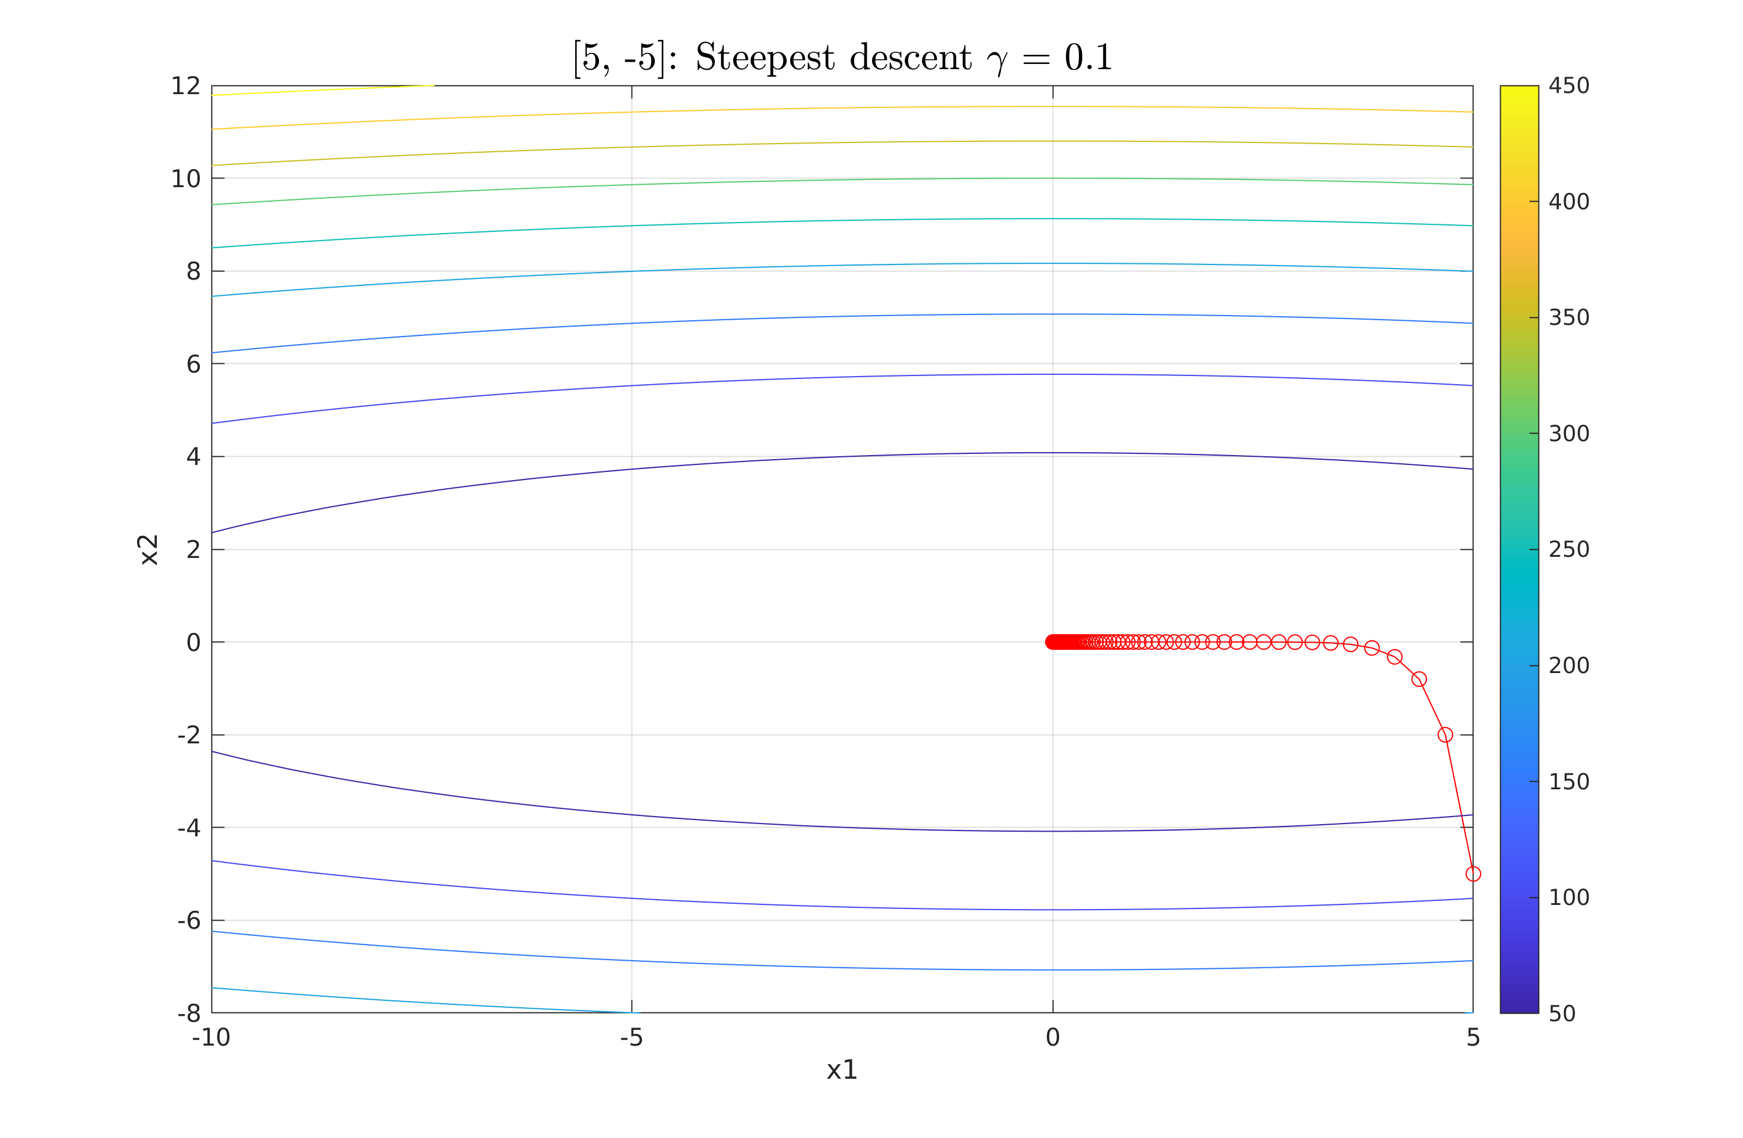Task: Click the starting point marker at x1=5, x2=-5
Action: click(x=1473, y=874)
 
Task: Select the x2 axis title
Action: click(x=149, y=550)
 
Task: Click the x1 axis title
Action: click(x=841, y=1071)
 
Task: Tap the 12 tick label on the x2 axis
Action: click(x=185, y=87)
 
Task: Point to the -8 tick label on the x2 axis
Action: click(x=189, y=1014)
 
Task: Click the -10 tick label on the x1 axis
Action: click(x=211, y=1037)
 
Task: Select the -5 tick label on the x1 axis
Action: click(x=632, y=1037)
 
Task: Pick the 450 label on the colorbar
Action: click(x=1569, y=87)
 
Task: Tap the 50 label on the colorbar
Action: click(x=1562, y=1014)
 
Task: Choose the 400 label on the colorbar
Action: click(x=1569, y=202)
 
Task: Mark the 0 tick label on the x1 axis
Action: click(x=1052, y=1037)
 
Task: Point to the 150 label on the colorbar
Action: click(x=1569, y=782)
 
